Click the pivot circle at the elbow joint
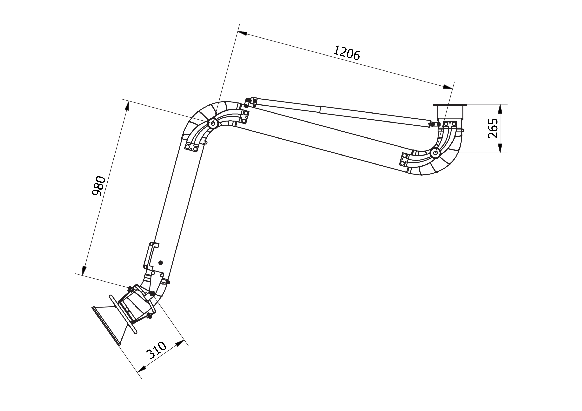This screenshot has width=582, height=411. coord(213,124)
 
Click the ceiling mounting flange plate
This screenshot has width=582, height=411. coord(450,105)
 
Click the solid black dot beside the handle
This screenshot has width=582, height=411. coord(160,263)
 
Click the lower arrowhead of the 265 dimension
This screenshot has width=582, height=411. coord(500,148)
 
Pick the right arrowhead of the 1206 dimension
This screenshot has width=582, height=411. coord(448,87)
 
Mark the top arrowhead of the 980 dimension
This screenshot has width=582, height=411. coord(127,106)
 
